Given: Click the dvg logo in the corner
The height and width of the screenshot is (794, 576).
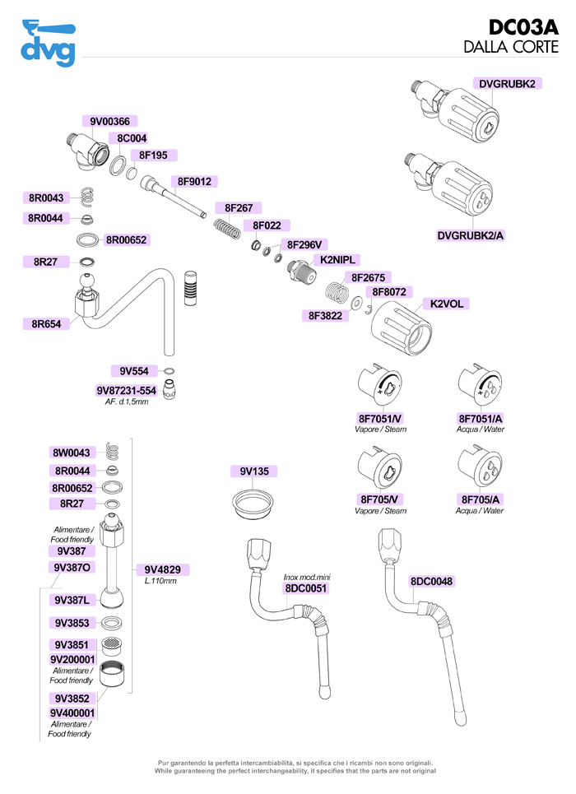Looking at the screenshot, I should click(x=48, y=44).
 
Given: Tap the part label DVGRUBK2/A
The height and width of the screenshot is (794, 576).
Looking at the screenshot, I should click(x=471, y=236).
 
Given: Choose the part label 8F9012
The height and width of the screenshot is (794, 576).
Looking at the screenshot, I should click(x=194, y=182).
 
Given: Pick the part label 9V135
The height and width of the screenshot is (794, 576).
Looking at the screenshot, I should click(x=254, y=471).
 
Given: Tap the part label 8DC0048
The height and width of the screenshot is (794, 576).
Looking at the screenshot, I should click(x=431, y=582).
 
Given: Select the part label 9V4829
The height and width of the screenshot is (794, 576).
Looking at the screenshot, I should click(x=167, y=569).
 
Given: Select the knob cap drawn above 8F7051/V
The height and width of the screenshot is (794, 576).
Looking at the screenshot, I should click(x=379, y=387).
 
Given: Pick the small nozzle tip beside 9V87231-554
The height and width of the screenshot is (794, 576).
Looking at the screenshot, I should click(x=169, y=388).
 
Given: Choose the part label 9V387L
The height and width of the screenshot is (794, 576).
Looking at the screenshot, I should click(x=71, y=600).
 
